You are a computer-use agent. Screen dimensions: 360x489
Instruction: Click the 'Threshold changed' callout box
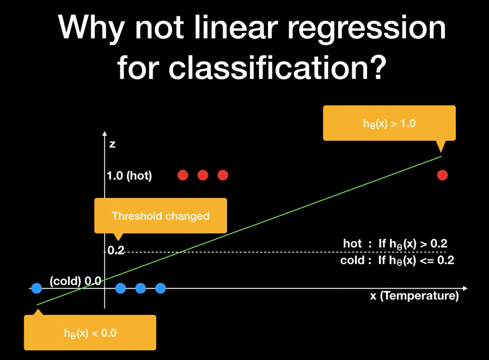pyautogui.click(x=160, y=216)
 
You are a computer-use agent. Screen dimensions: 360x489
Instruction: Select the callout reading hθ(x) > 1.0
pyautogui.click(x=389, y=123)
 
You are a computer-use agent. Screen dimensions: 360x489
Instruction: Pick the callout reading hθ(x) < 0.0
pyautogui.click(x=90, y=333)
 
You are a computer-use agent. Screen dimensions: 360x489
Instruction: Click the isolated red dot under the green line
pyautogui.click(x=442, y=175)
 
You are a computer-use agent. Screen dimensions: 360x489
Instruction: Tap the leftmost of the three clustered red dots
pyautogui.click(x=183, y=175)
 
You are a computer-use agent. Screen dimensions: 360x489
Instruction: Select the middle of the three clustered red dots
pyautogui.click(x=203, y=175)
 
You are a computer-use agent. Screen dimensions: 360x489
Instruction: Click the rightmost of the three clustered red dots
pyautogui.click(x=223, y=175)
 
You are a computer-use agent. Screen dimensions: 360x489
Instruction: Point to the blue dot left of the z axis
pyautogui.click(x=37, y=288)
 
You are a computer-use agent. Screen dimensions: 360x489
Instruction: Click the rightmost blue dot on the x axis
pyautogui.click(x=160, y=288)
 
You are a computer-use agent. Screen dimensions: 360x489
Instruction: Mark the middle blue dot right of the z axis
pyautogui.click(x=141, y=288)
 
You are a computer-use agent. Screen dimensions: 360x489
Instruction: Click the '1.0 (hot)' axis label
pyautogui.click(x=129, y=176)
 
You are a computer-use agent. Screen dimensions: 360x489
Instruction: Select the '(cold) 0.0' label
pyautogui.click(x=76, y=281)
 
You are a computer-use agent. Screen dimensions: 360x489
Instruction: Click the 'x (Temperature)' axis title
pyautogui.click(x=414, y=296)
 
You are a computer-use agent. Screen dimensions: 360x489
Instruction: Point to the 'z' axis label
pyautogui.click(x=112, y=144)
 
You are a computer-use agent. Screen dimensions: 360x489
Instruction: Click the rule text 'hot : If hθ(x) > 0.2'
pyautogui.click(x=395, y=244)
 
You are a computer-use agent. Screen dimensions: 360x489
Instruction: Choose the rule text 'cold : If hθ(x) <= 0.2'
pyautogui.click(x=397, y=260)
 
